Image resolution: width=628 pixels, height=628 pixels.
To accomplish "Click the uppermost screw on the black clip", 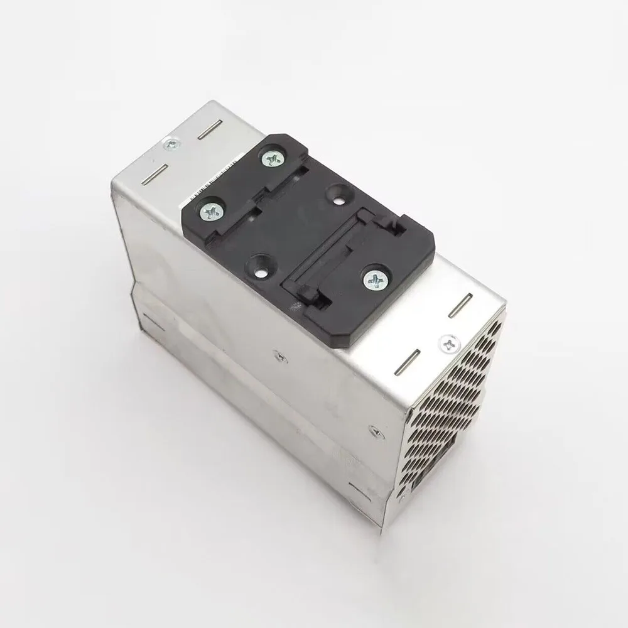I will pos(272,160).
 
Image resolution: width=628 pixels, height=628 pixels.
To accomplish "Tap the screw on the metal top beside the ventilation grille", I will pos(447,342).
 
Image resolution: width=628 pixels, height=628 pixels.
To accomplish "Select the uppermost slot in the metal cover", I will pos(212,132).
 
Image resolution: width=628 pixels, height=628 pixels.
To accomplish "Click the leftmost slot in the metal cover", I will pos(150,175).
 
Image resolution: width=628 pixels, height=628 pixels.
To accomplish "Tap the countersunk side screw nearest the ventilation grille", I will pos(376,431).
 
